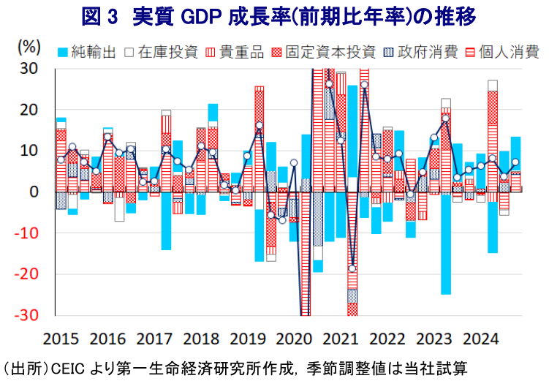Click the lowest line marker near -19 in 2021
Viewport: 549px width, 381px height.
[x=352, y=268]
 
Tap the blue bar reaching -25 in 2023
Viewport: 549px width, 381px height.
[x=445, y=245]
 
